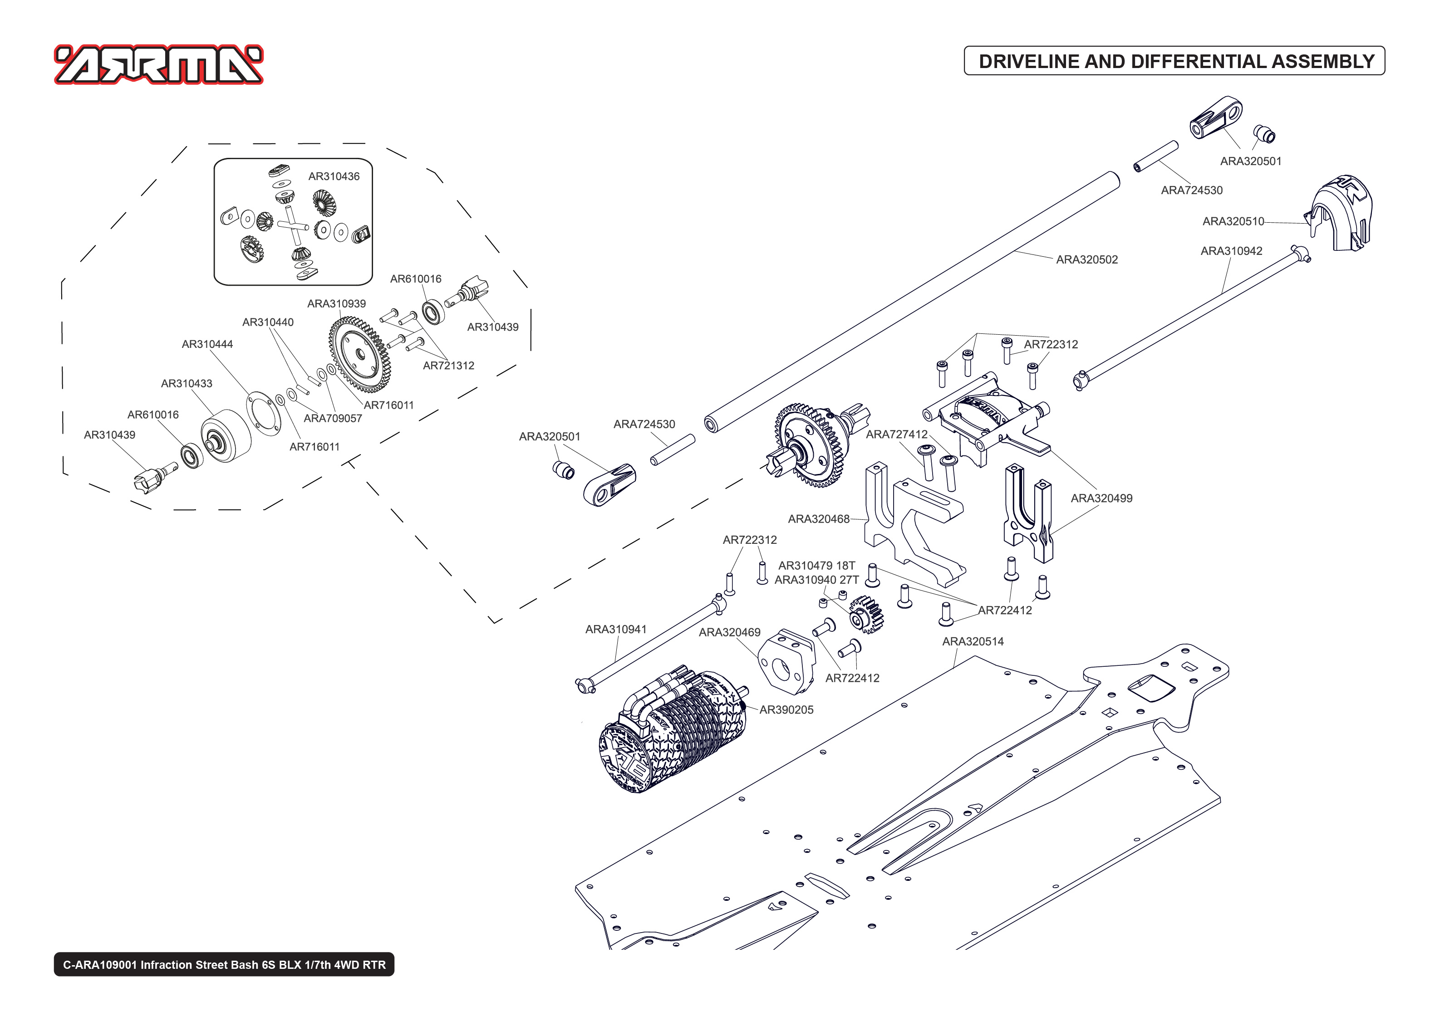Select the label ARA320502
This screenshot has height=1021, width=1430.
(x=1086, y=259)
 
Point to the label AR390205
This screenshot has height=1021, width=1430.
(x=786, y=710)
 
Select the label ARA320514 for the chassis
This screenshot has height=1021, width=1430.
(x=973, y=641)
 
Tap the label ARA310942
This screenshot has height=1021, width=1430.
(x=1231, y=251)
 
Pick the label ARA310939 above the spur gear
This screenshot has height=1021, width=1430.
(x=336, y=303)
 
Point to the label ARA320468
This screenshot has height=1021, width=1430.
(x=818, y=519)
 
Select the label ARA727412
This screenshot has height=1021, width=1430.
(x=896, y=434)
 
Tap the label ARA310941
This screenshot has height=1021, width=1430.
(x=616, y=629)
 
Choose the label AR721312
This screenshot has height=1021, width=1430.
(x=448, y=365)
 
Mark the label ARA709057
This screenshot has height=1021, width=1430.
(x=333, y=418)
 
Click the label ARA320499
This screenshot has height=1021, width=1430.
(x=1101, y=498)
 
